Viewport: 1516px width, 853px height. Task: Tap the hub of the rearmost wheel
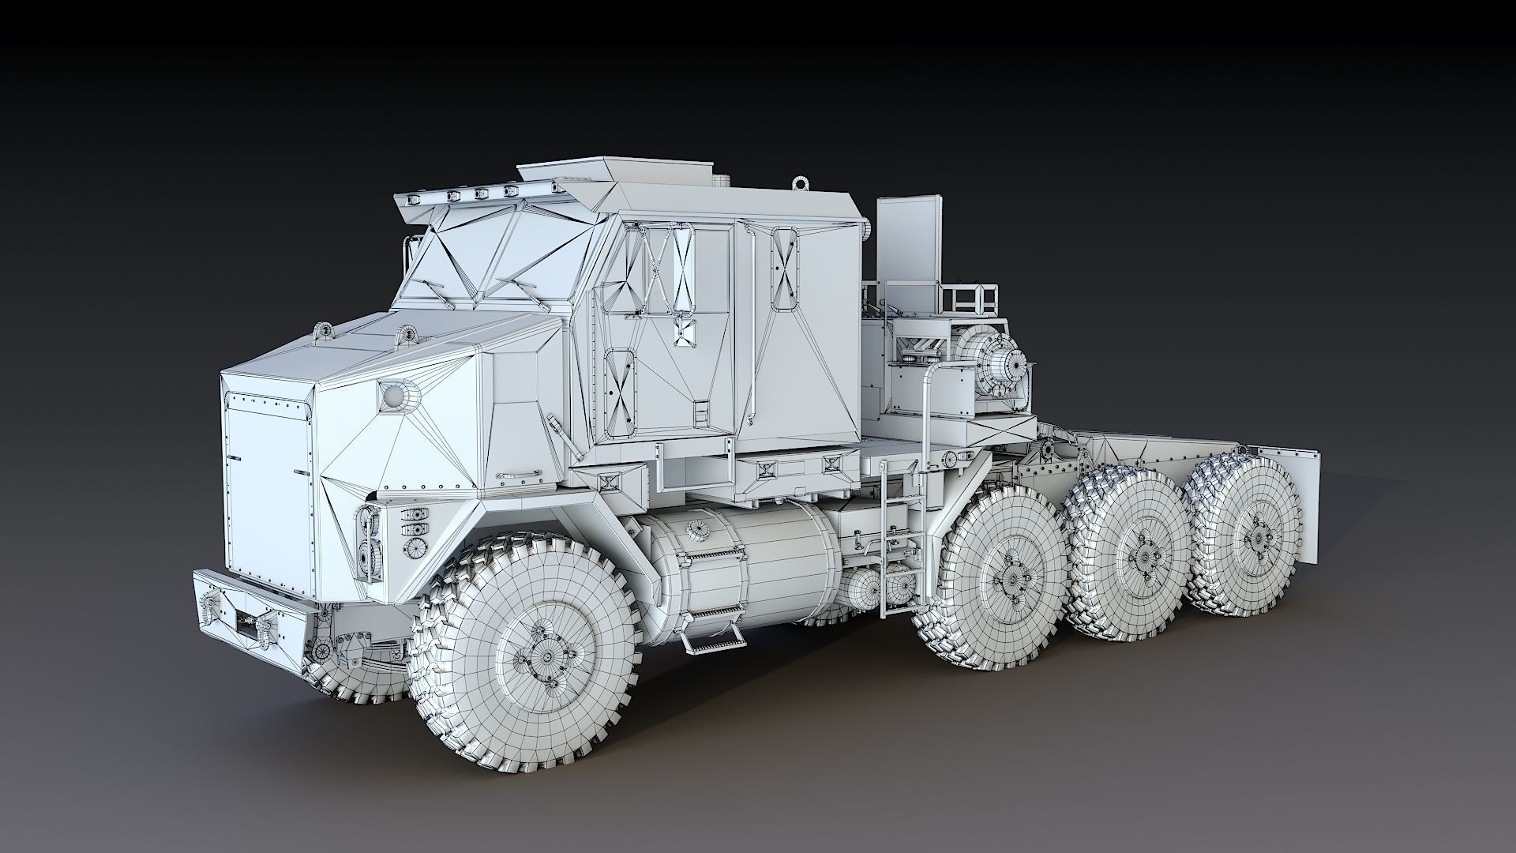click(x=1255, y=538)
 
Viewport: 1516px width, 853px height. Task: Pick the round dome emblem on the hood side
click(x=392, y=395)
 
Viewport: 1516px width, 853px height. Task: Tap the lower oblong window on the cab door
click(x=621, y=393)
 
